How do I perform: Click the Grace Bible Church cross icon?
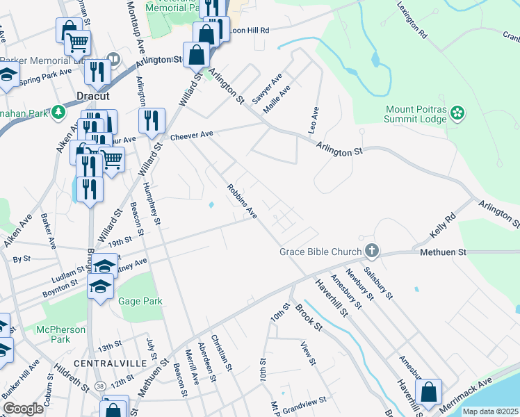click(x=372, y=251)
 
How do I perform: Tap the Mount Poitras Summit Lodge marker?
click(x=457, y=112)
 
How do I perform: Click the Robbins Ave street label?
click(x=242, y=201)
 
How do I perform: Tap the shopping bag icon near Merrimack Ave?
click(x=429, y=391)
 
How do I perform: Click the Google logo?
click(x=23, y=409)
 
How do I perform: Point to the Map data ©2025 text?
click(x=490, y=411)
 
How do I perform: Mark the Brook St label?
click(x=309, y=316)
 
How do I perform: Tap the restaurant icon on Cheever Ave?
click(x=151, y=121)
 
